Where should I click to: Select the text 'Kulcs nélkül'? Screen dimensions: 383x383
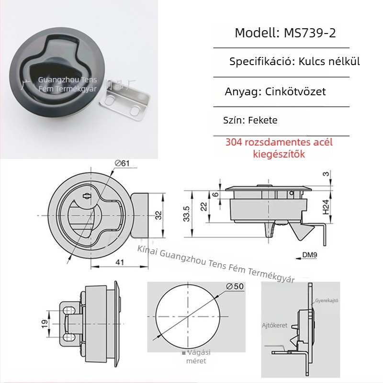point(329,62)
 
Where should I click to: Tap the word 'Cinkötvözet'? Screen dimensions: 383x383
point(295,91)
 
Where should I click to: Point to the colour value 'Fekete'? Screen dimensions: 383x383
point(263,121)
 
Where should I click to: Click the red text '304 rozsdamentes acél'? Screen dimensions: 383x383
point(279,142)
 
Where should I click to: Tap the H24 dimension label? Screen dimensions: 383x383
point(326,206)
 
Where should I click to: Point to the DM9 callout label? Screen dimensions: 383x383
point(310,255)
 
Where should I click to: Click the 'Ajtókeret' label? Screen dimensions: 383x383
point(274,325)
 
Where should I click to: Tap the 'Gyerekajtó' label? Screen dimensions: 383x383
point(327,301)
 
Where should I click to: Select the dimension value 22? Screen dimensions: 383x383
point(204,206)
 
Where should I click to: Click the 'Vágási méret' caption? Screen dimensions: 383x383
point(196,357)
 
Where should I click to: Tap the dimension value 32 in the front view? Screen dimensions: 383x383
point(158,215)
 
